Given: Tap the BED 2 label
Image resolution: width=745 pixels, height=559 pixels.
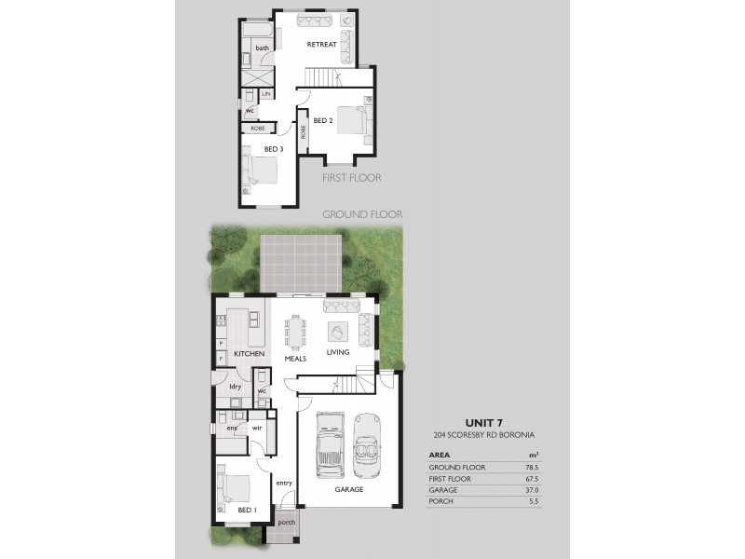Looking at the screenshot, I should click(x=323, y=121).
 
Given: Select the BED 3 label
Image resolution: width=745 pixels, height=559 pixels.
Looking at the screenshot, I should click(x=273, y=149).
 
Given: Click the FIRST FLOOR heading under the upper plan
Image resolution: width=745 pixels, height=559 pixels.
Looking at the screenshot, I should click(x=352, y=177).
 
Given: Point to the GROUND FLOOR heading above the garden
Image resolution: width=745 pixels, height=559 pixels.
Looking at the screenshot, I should click(x=362, y=213).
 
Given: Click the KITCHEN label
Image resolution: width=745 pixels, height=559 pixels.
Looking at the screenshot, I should click(x=250, y=354).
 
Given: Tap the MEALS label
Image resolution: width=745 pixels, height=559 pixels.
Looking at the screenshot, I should click(x=295, y=359).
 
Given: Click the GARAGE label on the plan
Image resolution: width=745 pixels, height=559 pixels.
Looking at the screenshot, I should click(x=349, y=489).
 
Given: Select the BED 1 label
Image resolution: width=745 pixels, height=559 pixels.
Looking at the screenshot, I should click(x=246, y=510).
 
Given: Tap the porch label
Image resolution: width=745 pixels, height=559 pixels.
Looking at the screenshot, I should click(x=286, y=523).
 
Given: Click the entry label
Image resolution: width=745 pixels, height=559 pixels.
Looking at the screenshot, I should click(x=284, y=483).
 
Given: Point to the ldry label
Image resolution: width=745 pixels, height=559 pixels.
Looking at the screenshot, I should click(x=236, y=386).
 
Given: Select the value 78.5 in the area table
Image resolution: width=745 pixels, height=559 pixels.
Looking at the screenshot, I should click(x=532, y=467).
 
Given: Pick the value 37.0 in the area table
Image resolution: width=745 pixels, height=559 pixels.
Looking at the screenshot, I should click(x=532, y=490).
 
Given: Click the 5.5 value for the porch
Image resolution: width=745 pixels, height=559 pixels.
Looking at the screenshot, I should click(x=534, y=501).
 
